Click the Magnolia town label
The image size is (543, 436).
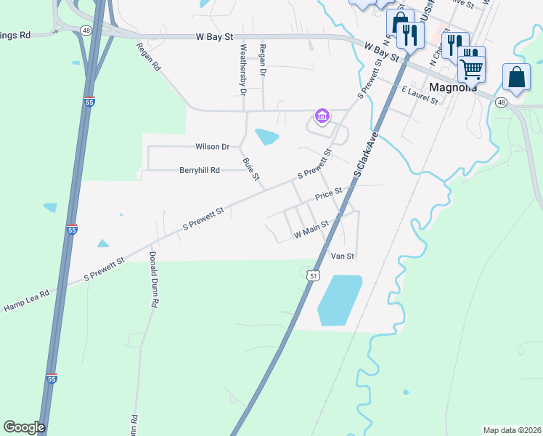[x=453, y=87]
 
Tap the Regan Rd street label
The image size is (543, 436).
[x=147, y=56]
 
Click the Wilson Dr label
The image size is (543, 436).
[x=212, y=147]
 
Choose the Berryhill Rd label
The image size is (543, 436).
[x=199, y=170]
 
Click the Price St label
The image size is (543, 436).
[x=328, y=195]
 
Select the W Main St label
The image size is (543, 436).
[x=311, y=230]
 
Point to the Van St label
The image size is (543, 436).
[x=342, y=256]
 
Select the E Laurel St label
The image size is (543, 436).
[x=420, y=95]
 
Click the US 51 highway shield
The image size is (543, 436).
[x=313, y=275]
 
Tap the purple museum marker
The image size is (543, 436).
[x=322, y=116]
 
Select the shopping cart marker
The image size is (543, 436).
[x=472, y=70]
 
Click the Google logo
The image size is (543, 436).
[x=24, y=427]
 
